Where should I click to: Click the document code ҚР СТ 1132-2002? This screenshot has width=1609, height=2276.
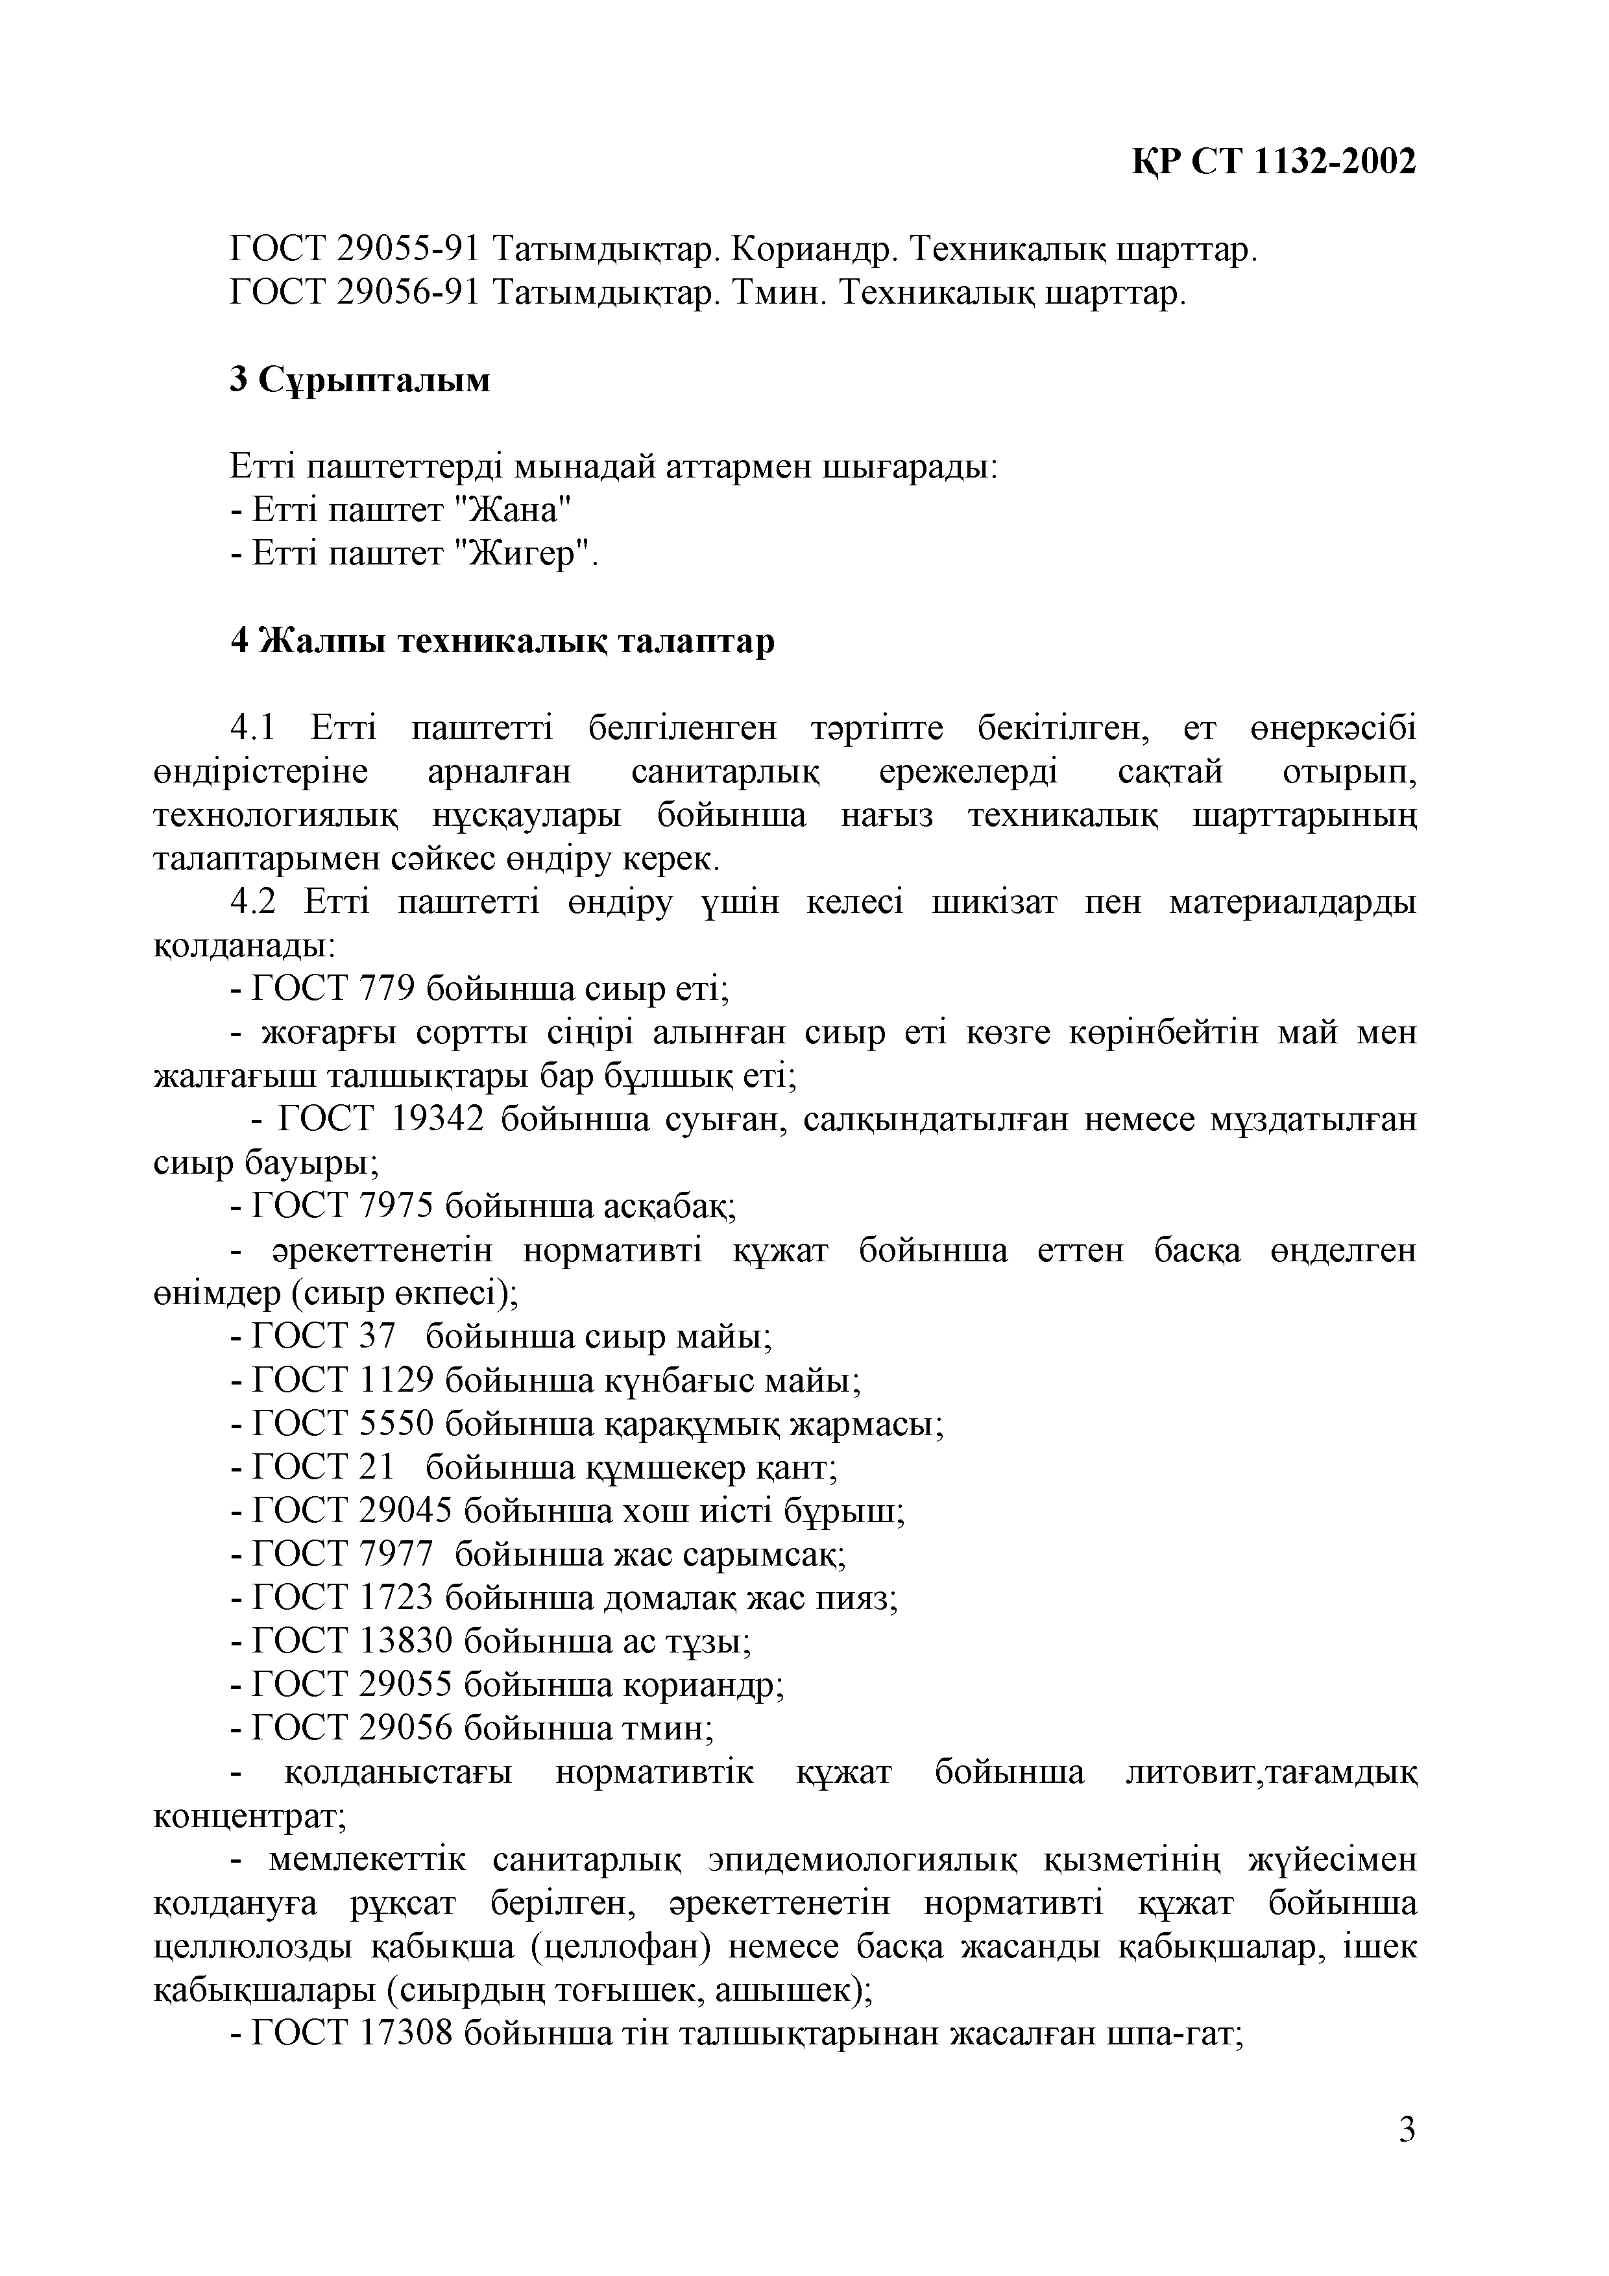click(x=1274, y=161)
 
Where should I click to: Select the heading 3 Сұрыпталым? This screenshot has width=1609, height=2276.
click(x=360, y=380)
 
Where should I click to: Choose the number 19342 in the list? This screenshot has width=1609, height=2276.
click(x=438, y=1121)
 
